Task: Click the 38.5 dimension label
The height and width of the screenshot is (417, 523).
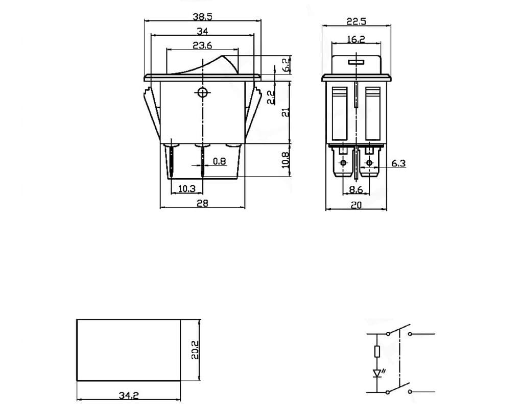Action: (x=202, y=16)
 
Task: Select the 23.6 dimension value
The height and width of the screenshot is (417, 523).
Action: (x=202, y=45)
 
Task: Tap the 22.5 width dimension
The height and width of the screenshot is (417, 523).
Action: (x=356, y=21)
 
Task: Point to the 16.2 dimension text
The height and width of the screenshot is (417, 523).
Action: (x=355, y=39)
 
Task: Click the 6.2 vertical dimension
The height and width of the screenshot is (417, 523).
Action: (x=287, y=64)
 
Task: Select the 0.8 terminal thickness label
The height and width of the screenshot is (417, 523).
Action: (x=219, y=161)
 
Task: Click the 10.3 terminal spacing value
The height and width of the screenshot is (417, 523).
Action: (x=186, y=188)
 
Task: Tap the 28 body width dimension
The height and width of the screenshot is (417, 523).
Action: (x=202, y=203)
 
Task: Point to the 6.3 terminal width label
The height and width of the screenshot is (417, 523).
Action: (x=398, y=163)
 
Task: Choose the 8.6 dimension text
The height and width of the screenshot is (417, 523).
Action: (x=355, y=189)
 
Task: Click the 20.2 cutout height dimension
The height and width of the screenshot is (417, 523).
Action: (x=195, y=350)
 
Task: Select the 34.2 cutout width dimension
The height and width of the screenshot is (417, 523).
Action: (x=129, y=395)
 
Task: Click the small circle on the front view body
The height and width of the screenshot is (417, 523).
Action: (x=203, y=92)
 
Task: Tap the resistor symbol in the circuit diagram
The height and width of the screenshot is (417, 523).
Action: (x=377, y=351)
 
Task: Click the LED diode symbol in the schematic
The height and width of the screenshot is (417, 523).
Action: (x=377, y=373)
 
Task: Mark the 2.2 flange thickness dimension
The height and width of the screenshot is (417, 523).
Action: (x=271, y=96)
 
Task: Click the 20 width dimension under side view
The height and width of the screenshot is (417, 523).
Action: (x=356, y=205)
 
